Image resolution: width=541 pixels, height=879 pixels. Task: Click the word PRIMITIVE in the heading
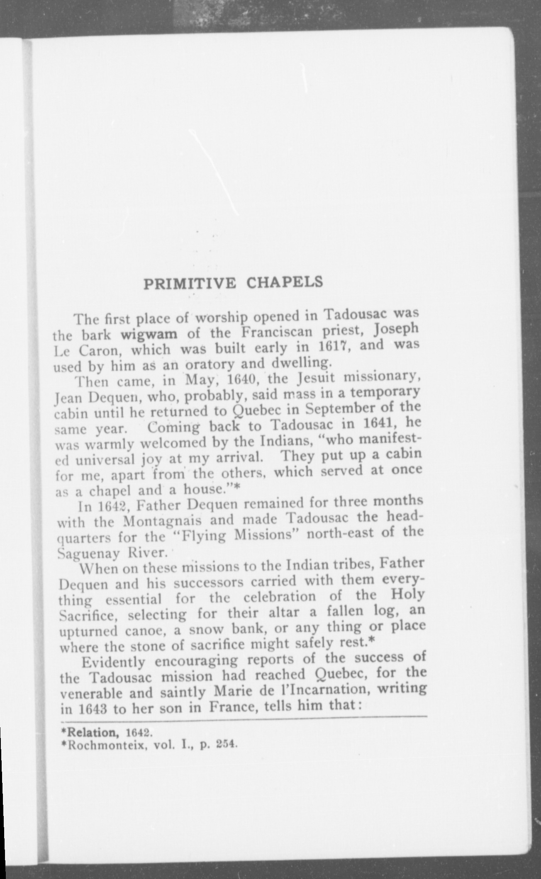(x=190, y=283)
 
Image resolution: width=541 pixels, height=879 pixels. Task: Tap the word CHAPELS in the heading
(x=285, y=282)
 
